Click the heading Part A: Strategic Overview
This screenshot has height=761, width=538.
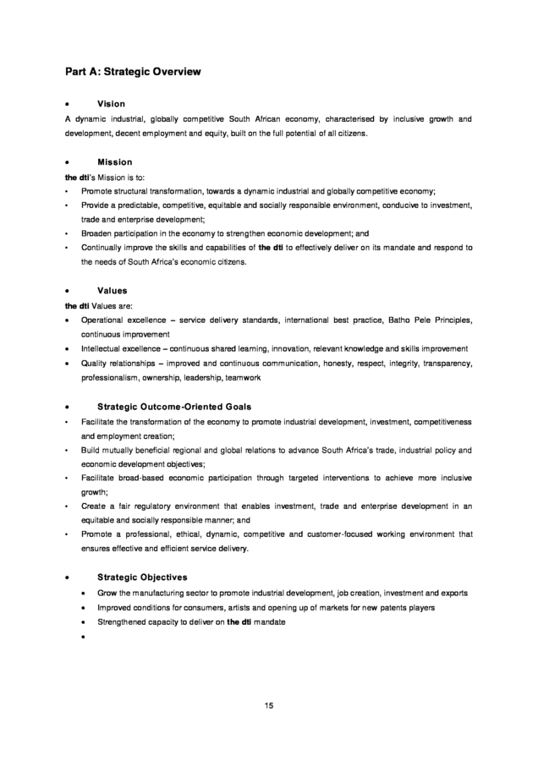pyautogui.click(x=134, y=72)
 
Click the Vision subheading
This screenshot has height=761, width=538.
pyautogui.click(x=111, y=103)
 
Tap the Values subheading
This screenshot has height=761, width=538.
pyautogui.click(x=113, y=290)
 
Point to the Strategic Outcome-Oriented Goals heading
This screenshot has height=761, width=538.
pyautogui.click(x=174, y=406)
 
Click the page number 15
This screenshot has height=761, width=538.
pyautogui.click(x=268, y=705)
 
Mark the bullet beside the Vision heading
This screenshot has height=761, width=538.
pyautogui.click(x=67, y=104)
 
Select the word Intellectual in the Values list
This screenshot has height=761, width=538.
pyautogui.click(x=105, y=348)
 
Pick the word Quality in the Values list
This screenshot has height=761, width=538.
pyautogui.click(x=96, y=363)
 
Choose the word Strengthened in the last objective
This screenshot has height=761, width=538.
pyautogui.click(x=125, y=622)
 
